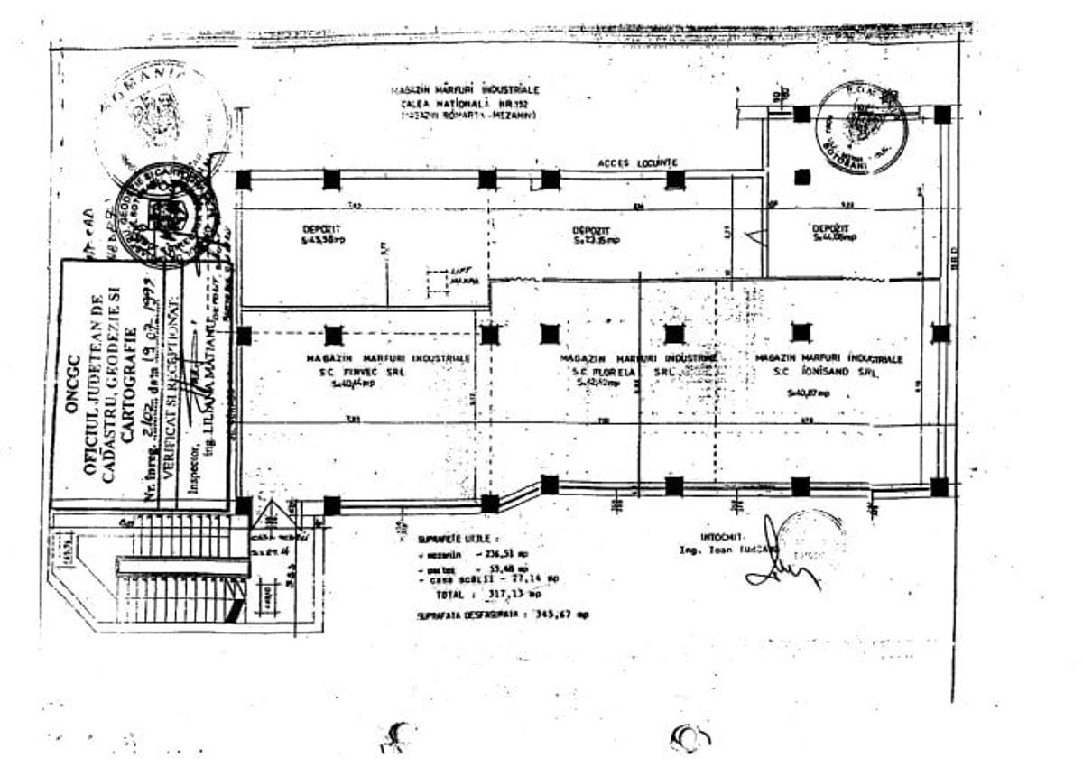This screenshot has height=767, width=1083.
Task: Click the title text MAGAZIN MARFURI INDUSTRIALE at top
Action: [x=466, y=91]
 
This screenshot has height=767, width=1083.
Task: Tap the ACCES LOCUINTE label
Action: [x=637, y=162]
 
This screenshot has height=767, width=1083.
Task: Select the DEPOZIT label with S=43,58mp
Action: [x=322, y=235]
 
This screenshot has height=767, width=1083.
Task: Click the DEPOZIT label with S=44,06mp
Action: [x=832, y=232]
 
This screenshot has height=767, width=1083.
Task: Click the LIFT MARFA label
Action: [x=464, y=277]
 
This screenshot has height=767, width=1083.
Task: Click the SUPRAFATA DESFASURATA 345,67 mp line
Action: [x=503, y=615]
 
